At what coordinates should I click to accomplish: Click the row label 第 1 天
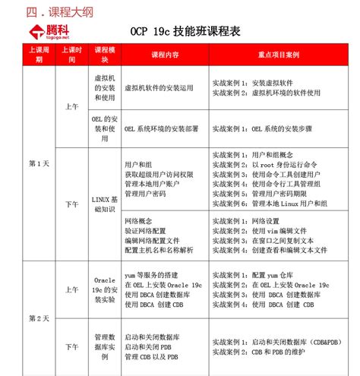pyautogui.click(x=38, y=163)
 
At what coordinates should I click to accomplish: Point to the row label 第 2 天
pyautogui.click(x=38, y=317)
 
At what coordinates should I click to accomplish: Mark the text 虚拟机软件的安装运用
pyautogui.click(x=161, y=88)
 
